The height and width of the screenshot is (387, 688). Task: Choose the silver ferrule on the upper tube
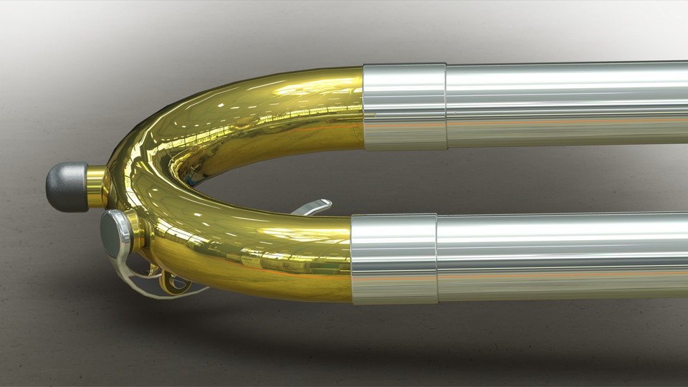click(x=404, y=107)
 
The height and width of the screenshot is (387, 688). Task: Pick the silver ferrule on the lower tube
click(x=393, y=258)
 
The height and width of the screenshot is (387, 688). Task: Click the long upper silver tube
click(x=566, y=104)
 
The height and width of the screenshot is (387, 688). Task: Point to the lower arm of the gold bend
click(x=272, y=254)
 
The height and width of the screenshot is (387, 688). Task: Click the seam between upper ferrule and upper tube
click(x=446, y=106)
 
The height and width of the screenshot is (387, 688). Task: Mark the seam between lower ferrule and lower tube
click(x=436, y=258)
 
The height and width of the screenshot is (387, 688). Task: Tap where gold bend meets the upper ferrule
click(x=363, y=107)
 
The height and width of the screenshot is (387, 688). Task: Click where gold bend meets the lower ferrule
click(x=351, y=258)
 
